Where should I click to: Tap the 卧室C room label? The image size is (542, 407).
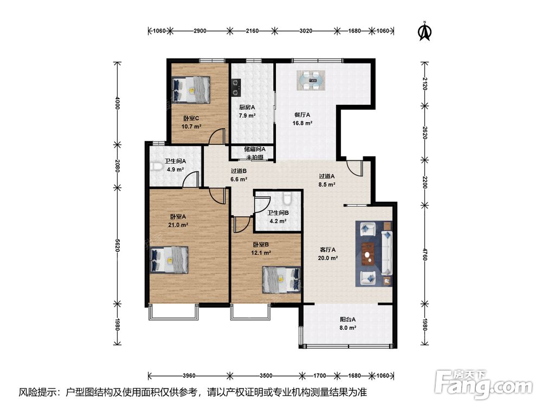click(x=191, y=118)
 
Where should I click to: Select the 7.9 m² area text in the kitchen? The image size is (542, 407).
click(x=247, y=116)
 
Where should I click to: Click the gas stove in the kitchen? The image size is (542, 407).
click(x=236, y=87)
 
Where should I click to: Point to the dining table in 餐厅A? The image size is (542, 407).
click(x=311, y=80)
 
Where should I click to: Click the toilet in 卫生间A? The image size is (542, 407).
click(x=156, y=167)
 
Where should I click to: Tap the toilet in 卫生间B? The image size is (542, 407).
click(x=287, y=199)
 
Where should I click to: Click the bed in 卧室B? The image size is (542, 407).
click(x=281, y=279)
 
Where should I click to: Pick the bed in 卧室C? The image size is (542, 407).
click(x=191, y=90)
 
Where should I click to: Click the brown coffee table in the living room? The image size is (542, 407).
click(x=368, y=253)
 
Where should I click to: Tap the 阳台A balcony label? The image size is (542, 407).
click(x=348, y=320)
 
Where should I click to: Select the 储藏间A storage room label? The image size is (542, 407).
click(x=254, y=150)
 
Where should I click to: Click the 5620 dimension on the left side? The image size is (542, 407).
click(x=118, y=245)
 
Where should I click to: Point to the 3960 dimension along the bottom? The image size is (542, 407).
click(x=189, y=376)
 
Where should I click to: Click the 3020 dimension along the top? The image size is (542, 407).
click(x=306, y=31)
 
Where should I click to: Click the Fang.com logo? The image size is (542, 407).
click(x=484, y=384)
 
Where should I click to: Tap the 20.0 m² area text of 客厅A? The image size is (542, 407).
click(x=327, y=258)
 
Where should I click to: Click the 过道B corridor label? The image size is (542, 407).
click(x=238, y=171)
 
